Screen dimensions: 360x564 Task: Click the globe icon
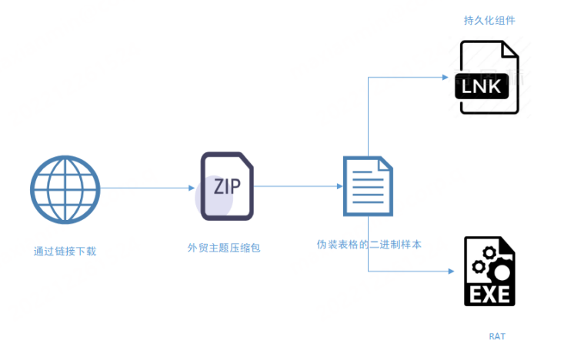[x=65, y=188]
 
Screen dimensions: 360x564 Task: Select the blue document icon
[x=367, y=185]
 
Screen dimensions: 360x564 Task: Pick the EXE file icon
[x=489, y=272]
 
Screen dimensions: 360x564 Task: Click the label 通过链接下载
[x=65, y=251]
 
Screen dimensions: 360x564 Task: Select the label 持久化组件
[x=489, y=21]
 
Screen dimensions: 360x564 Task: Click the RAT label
[x=497, y=336]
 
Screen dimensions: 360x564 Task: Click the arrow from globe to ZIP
[x=146, y=188]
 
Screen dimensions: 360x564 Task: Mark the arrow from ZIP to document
[x=296, y=186]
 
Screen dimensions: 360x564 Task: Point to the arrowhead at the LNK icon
[x=445, y=77]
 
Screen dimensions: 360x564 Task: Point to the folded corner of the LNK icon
[x=509, y=50]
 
